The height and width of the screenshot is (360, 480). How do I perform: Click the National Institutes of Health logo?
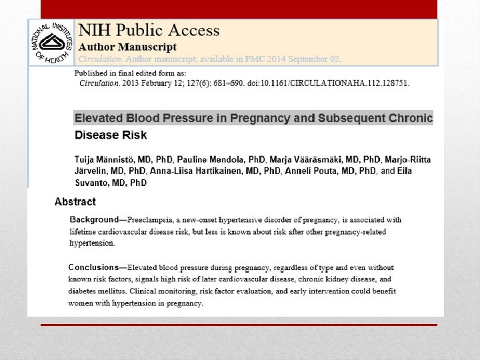[x=52, y=42]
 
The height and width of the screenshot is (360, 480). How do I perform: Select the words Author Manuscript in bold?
[x=128, y=47]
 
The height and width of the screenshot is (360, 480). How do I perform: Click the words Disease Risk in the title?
[x=111, y=135]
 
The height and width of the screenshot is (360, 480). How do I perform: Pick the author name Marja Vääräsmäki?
[x=305, y=159]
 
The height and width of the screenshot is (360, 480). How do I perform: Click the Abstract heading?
[x=75, y=201]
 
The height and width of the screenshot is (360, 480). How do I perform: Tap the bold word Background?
[x=94, y=219]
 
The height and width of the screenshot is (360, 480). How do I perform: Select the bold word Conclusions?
[x=94, y=267]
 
